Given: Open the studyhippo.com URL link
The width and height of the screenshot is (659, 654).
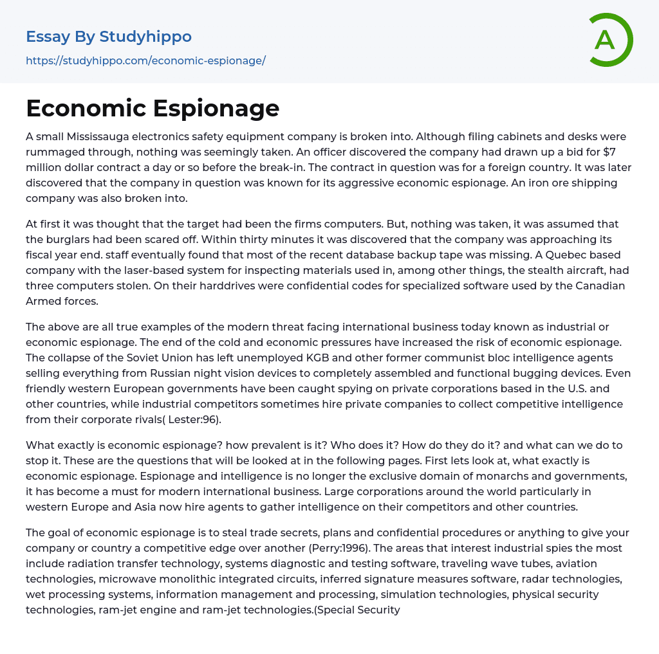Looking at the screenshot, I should tap(145, 60).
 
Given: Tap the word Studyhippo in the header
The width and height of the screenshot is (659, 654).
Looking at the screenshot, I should tap(145, 37).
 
